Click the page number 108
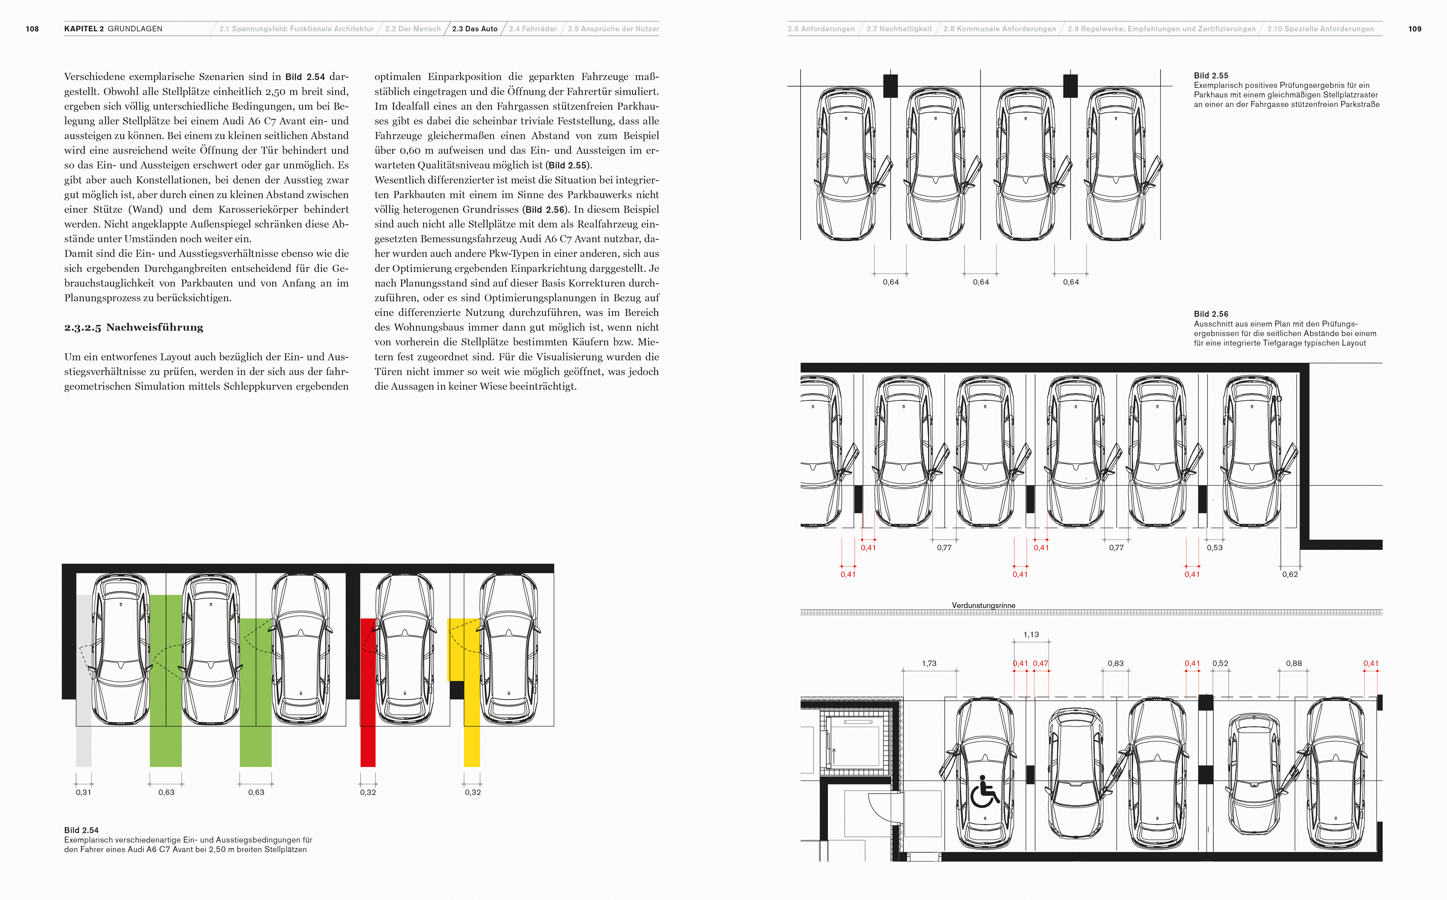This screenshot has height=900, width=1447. [32, 29]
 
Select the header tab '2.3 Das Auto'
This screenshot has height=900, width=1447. [475, 29]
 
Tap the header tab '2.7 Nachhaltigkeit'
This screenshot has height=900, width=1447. [899, 29]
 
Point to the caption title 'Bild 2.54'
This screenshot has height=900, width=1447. [82, 830]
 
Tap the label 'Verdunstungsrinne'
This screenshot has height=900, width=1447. [983, 605]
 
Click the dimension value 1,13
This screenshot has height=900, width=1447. [1031, 635]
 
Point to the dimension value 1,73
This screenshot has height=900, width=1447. [929, 663]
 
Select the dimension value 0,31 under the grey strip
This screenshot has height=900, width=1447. [83, 792]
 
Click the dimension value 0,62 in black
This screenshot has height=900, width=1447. [1290, 575]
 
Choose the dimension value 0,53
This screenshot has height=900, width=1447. [1214, 548]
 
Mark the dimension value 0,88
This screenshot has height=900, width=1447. [1293, 663]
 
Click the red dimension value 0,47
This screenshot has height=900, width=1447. [1040, 663]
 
